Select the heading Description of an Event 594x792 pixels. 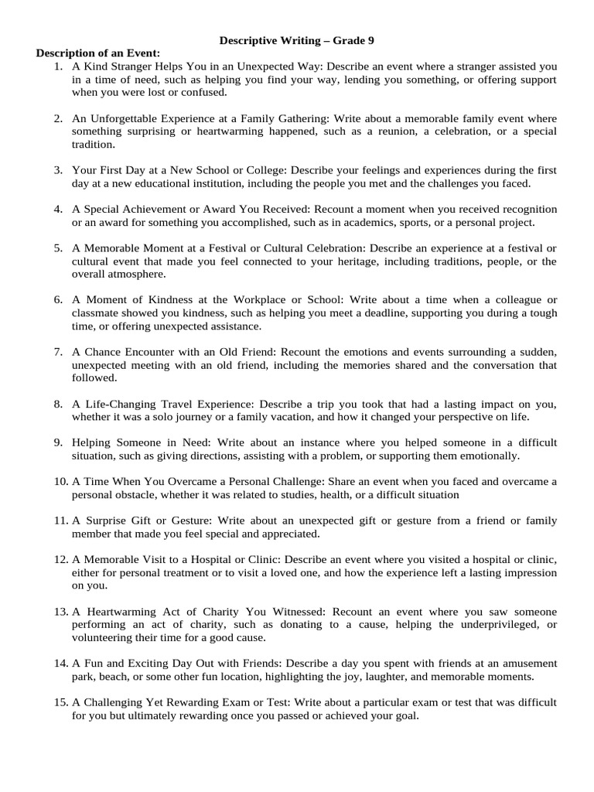pos(97,53)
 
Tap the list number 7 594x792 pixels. pos(58,352)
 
